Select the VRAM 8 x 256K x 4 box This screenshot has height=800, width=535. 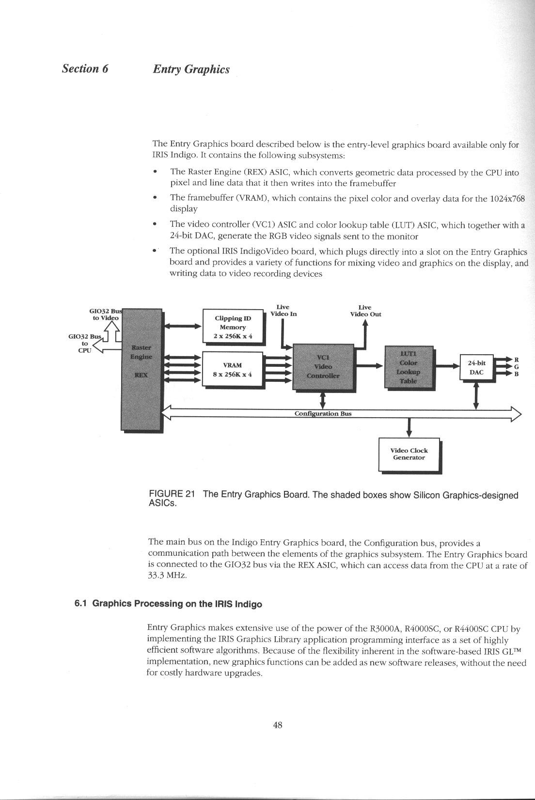pyautogui.click(x=233, y=369)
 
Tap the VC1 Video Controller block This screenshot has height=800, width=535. pyautogui.click(x=323, y=367)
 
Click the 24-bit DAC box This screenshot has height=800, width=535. pyautogui.click(x=476, y=367)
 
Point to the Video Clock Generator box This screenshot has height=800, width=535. pyautogui.click(x=409, y=454)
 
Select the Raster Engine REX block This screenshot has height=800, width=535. pyautogui.click(x=142, y=368)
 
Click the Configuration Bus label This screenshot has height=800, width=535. pyautogui.click(x=323, y=414)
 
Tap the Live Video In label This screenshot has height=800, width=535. pyautogui.click(x=283, y=311)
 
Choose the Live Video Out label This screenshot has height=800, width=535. pyautogui.click(x=365, y=311)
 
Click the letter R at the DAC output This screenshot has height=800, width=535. pyautogui.click(x=517, y=360)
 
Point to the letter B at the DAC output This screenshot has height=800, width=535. pyautogui.click(x=517, y=374)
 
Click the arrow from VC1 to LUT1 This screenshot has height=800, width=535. pyautogui.click(x=369, y=366)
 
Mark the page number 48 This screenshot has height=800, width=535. pyautogui.click(x=278, y=725)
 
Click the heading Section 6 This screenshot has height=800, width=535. pyautogui.click(x=85, y=68)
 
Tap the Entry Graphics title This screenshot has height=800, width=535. pyautogui.click(x=191, y=69)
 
